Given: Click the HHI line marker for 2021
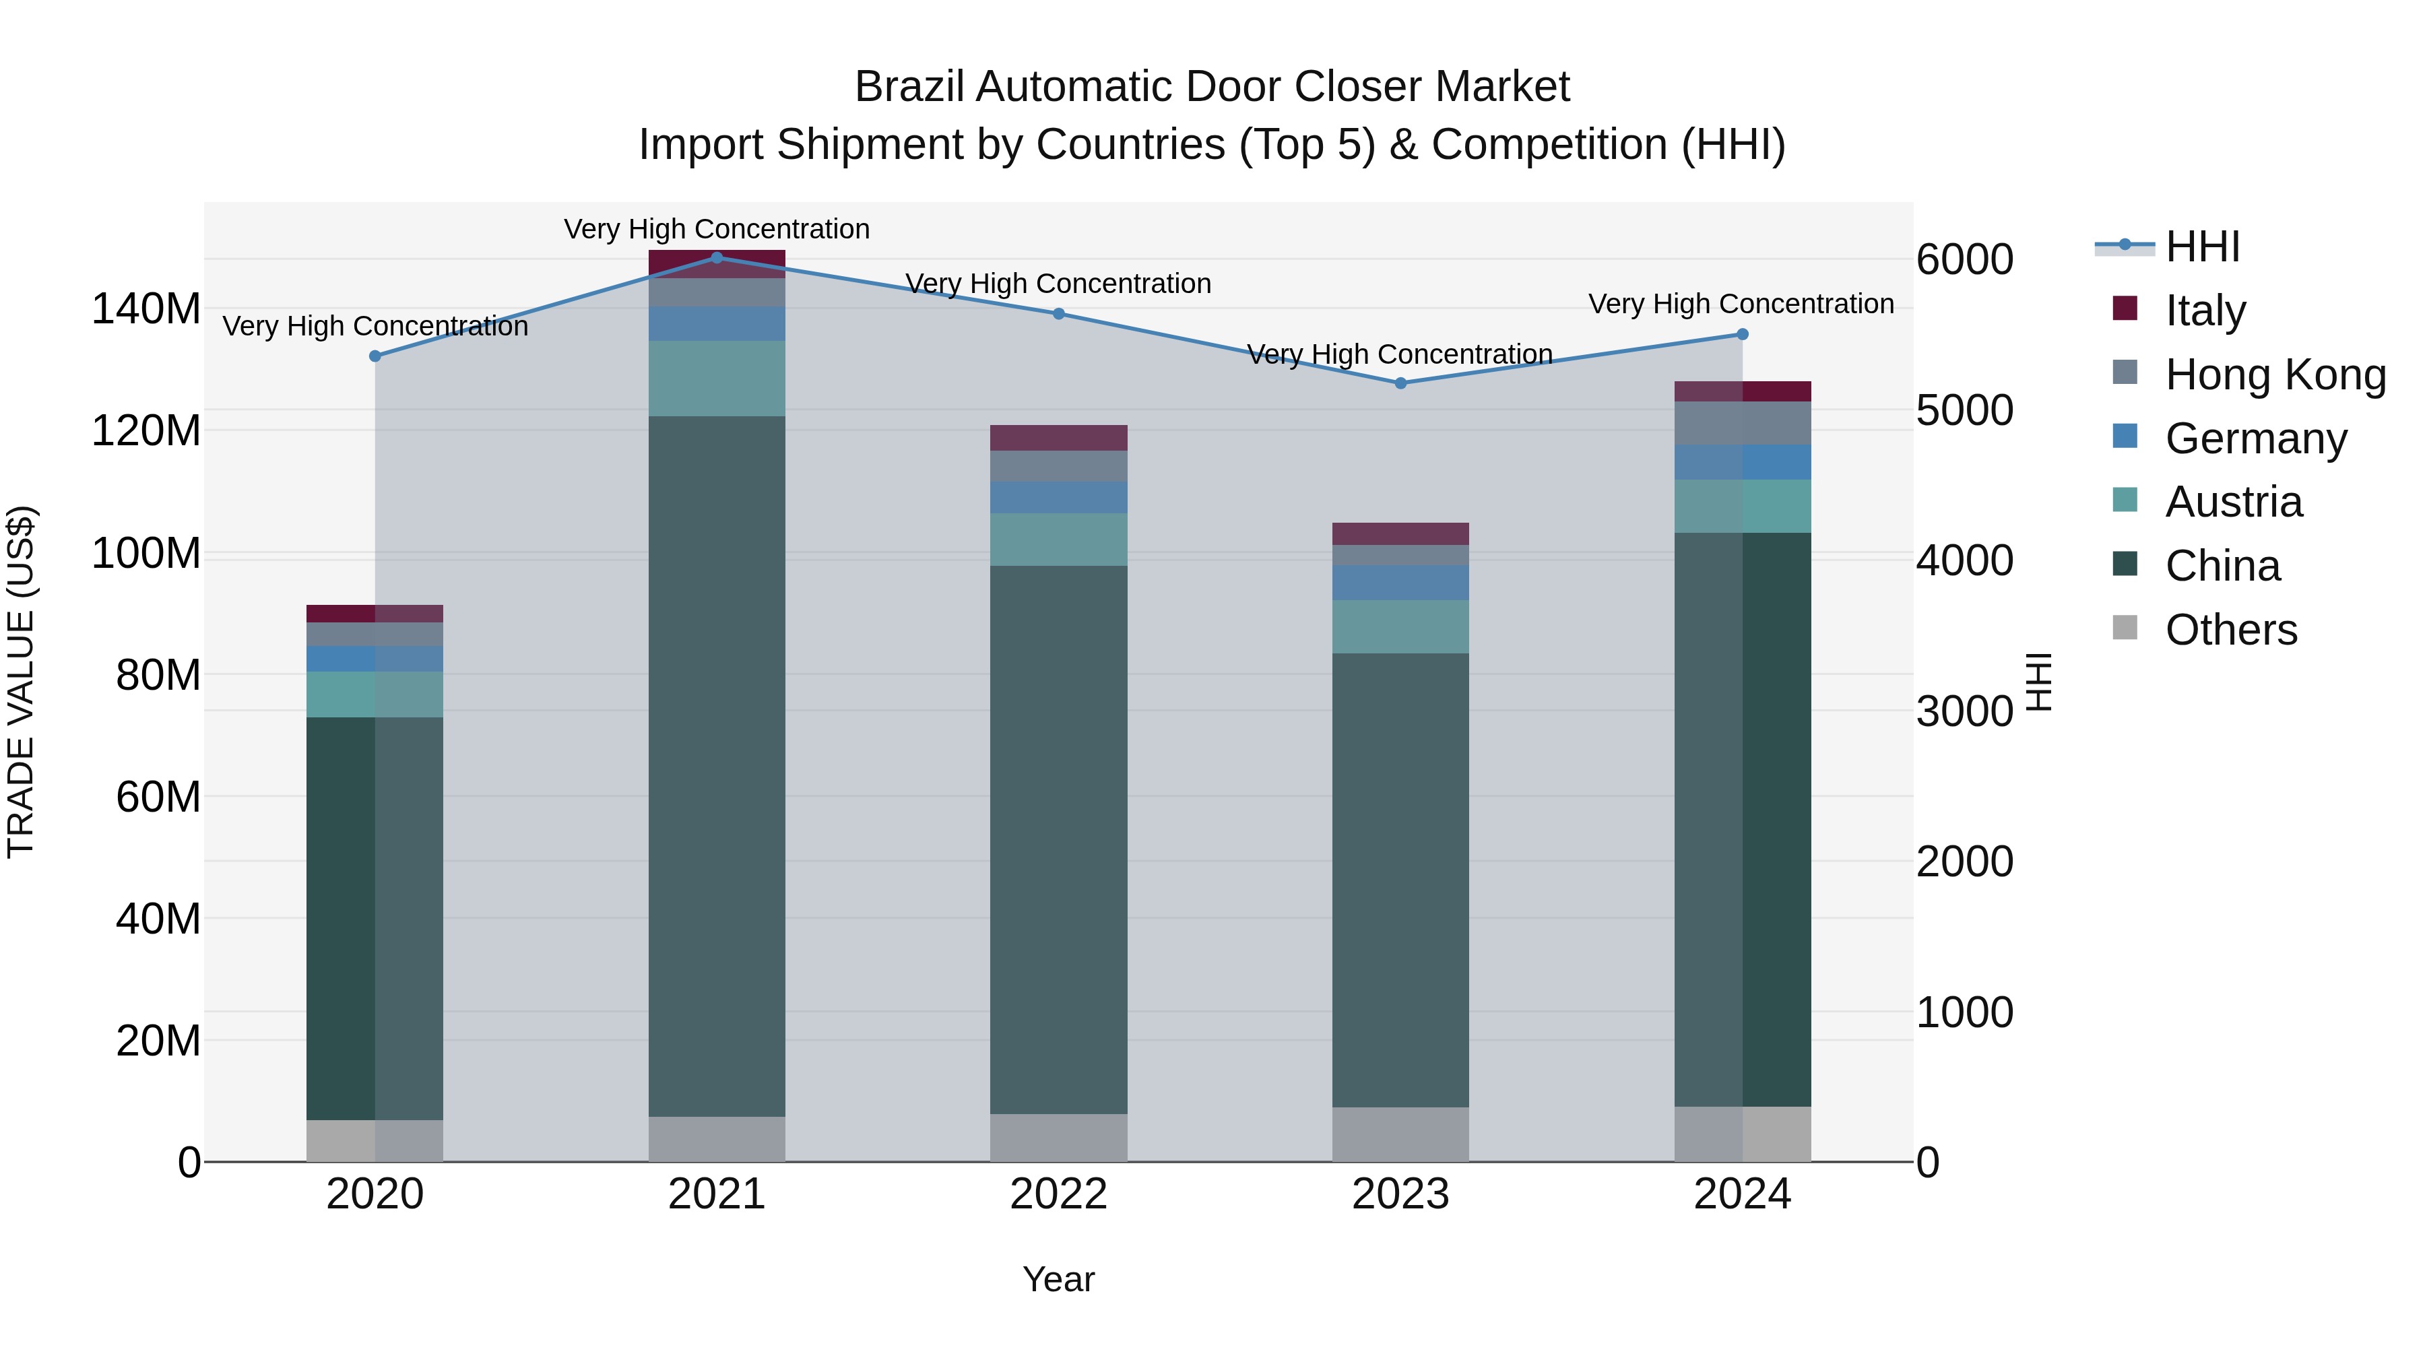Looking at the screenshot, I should coord(717,257).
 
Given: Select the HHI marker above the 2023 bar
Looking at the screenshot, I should coord(1400,383).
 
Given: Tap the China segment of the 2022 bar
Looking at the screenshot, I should coord(1058,838).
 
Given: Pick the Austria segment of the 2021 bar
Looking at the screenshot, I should coord(717,379).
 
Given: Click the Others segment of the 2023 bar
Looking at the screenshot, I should coord(1400,1134).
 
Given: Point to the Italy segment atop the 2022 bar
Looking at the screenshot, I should coord(1058,438).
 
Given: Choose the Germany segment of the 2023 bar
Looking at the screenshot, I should coord(1400,583).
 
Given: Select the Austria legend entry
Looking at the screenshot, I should coord(2233,502).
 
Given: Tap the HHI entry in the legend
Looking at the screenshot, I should coord(2202,247).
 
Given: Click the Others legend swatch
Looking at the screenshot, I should coord(2125,627).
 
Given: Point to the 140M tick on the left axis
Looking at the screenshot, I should coord(146,308).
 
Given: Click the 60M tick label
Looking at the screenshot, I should coord(158,796).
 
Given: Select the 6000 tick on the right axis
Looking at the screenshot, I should coord(1965,260).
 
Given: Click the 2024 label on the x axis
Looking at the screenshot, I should coord(1741,1194).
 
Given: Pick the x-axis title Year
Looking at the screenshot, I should coord(1058,1279).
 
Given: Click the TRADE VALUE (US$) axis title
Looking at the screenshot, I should coord(21,682).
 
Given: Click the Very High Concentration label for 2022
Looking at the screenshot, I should coord(1058,284).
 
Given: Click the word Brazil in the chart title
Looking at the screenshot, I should coord(909,88).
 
